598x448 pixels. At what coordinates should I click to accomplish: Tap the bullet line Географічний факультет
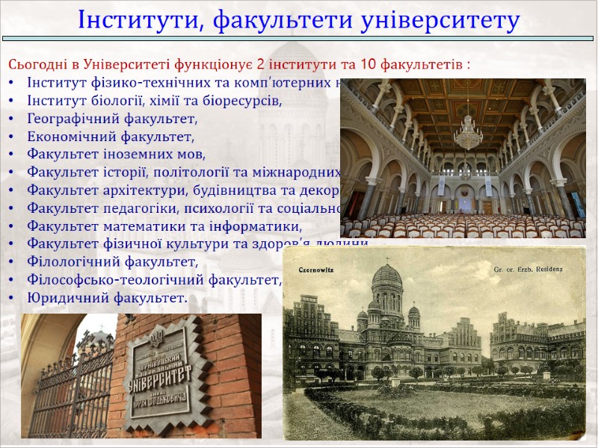tap(112, 119)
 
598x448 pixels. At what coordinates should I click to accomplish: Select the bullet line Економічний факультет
tap(110, 137)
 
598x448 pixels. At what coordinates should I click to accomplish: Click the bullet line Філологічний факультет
tap(112, 262)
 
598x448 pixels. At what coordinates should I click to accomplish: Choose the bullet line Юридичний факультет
tap(107, 299)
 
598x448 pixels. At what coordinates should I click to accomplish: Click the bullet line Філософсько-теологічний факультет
tap(153, 281)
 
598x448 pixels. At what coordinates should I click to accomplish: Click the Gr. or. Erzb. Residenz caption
tap(528, 268)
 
